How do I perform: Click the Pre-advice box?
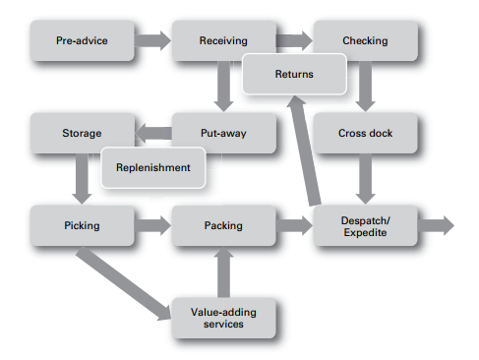click(x=81, y=41)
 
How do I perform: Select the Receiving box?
click(x=223, y=41)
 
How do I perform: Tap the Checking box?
click(x=365, y=41)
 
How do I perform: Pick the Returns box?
click(x=294, y=74)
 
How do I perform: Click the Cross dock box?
click(x=365, y=133)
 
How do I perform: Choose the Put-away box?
click(x=223, y=133)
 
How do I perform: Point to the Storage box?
click(x=81, y=133)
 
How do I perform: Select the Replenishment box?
click(x=153, y=166)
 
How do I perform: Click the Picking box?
click(x=81, y=225)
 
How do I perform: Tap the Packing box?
click(x=223, y=225)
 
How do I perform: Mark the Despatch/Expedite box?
click(x=365, y=225)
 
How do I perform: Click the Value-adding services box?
click(x=223, y=317)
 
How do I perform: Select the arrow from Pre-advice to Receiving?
click(x=151, y=41)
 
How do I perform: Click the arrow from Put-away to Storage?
click(x=152, y=132)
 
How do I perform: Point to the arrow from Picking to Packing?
click(x=151, y=225)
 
